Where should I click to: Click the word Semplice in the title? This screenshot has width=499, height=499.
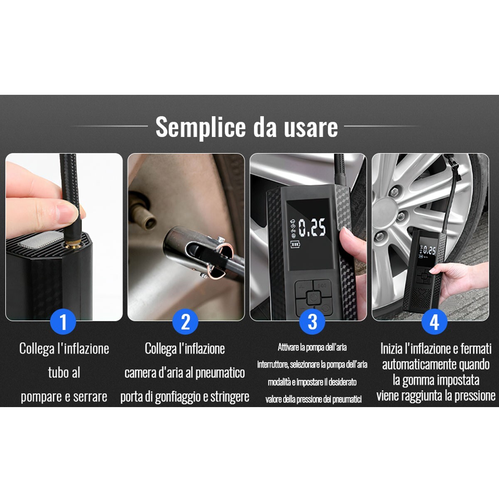click(200, 127)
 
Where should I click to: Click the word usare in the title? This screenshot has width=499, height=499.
click(311, 127)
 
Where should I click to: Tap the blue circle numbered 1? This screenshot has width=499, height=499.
click(63, 322)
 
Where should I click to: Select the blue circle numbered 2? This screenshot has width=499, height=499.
click(185, 322)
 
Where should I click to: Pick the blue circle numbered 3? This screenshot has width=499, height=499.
click(312, 322)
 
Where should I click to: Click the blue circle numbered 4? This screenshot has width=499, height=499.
click(434, 322)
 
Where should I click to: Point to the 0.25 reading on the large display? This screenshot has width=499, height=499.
click(312, 227)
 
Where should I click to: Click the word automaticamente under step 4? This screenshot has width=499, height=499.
click(435, 365)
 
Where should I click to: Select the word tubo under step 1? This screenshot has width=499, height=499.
click(58, 373)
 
